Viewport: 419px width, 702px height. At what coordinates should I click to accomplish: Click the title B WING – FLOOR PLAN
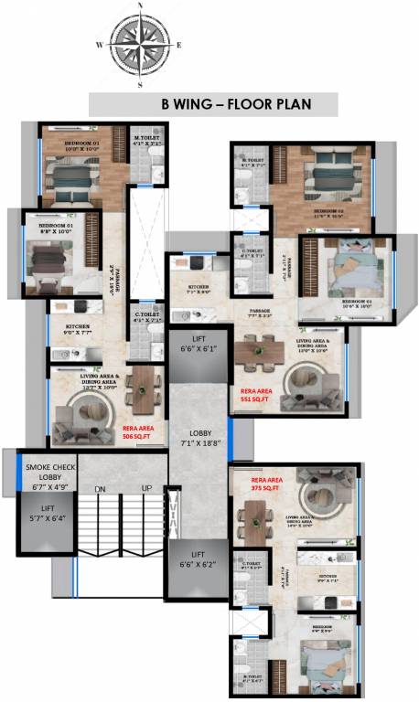pyautogui.click(x=213, y=104)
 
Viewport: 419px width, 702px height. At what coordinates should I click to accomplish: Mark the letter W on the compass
pyautogui.click(x=99, y=44)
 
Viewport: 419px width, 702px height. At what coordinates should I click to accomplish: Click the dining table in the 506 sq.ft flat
pyautogui.click(x=145, y=388)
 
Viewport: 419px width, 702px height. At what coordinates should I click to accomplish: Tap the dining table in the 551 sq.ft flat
pyautogui.click(x=264, y=349)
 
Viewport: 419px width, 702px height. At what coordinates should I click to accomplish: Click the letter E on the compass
pyautogui.click(x=179, y=44)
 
